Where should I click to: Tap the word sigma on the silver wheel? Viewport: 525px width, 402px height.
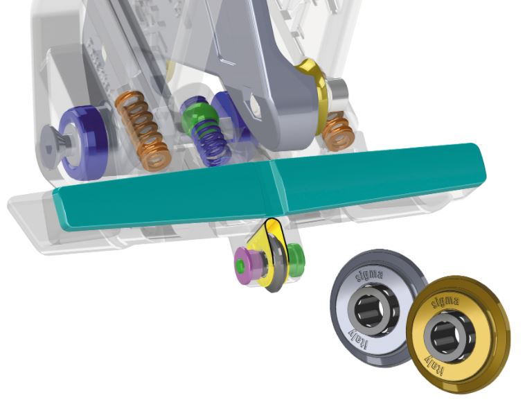point(368,275)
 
